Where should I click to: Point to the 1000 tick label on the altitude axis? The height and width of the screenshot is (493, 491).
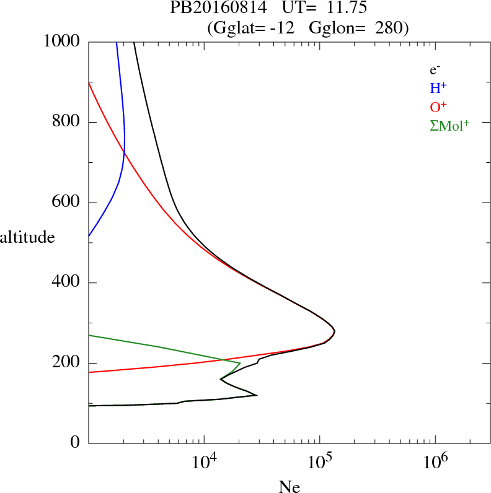tap(62, 41)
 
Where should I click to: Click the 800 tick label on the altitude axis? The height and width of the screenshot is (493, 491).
tap(67, 122)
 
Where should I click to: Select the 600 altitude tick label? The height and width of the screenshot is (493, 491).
tap(67, 203)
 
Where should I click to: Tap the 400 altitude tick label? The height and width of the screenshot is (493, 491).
tap(67, 282)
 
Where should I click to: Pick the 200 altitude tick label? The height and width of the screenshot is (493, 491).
tap(67, 363)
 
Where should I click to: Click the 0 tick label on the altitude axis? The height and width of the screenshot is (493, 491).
tap(76, 443)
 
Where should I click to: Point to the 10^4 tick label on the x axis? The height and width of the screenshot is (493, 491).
tap(204, 463)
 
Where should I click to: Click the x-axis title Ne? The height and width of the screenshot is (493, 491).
tap(289, 486)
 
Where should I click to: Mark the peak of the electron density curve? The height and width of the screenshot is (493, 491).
tap(335, 331)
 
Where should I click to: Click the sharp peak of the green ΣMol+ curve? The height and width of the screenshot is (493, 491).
tap(240, 363)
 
